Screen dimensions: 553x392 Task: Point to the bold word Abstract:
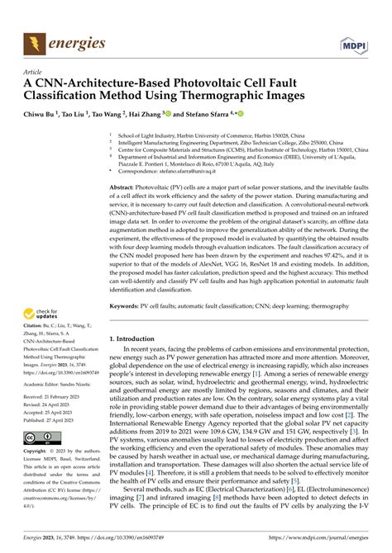click(x=127, y=188)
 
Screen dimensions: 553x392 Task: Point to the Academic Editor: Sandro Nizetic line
click(x=62, y=385)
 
